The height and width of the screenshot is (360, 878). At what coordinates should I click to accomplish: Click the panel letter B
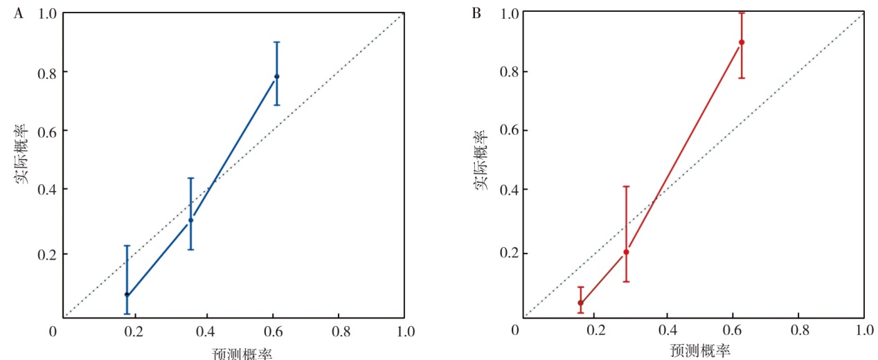point(476,14)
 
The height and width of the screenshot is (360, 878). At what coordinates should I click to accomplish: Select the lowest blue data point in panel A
point(127,294)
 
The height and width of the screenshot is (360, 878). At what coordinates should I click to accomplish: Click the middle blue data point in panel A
point(190,220)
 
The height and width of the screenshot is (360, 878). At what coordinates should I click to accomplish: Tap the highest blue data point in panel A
point(276,76)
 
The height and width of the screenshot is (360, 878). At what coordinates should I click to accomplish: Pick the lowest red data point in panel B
point(580,303)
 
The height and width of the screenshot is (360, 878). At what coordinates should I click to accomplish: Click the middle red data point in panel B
point(626,252)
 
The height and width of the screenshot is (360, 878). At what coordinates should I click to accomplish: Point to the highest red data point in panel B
point(742,42)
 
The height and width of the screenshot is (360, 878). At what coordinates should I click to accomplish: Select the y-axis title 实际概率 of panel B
point(482,158)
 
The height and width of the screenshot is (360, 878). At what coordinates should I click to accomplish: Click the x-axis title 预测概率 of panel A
point(242,354)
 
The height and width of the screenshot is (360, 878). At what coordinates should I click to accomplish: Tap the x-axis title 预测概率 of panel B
point(700,350)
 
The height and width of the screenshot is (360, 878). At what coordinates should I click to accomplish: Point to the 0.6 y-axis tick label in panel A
point(42,130)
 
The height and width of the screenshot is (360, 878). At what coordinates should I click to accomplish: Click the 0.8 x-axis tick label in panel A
point(338,332)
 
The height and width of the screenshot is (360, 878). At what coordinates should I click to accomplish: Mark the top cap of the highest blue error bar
point(276,42)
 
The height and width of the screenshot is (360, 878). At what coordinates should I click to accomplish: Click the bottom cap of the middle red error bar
point(626,281)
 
